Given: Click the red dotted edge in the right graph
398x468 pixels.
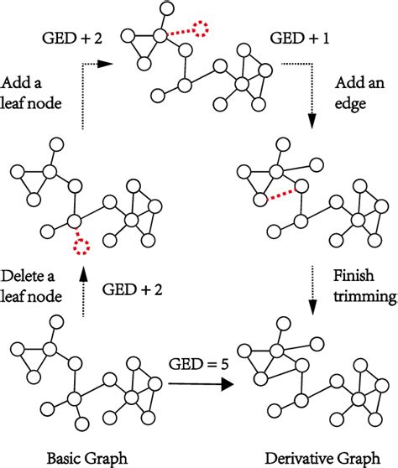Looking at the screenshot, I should (280, 195).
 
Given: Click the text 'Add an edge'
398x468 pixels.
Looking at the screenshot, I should (359, 94).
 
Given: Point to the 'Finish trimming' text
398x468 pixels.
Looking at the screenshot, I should (359, 286).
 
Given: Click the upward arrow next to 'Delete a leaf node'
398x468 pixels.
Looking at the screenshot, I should (83, 294).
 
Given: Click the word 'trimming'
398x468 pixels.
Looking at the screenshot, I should (359, 297).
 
